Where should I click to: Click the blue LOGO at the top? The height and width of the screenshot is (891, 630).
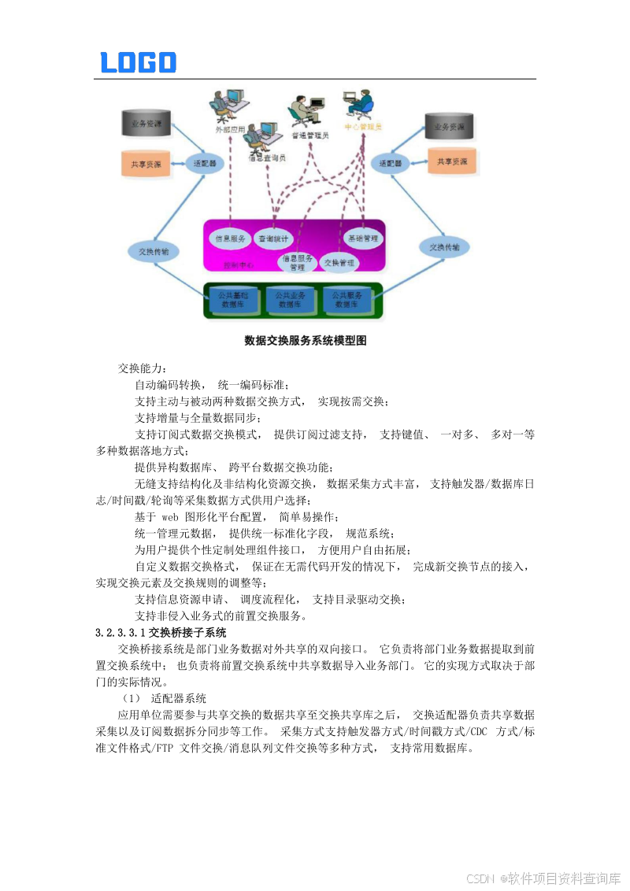[139, 63]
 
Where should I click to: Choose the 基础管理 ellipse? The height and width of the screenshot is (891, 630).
[363, 238]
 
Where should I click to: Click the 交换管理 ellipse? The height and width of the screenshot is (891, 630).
[339, 261]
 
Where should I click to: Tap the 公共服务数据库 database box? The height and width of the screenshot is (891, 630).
[346, 300]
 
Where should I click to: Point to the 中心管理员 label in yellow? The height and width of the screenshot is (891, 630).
[363, 126]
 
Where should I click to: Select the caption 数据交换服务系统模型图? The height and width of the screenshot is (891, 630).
[306, 341]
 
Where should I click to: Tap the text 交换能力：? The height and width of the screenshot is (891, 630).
[143, 368]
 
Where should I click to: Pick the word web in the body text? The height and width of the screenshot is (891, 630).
[171, 517]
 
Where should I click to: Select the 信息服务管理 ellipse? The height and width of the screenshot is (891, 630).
[297, 262]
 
